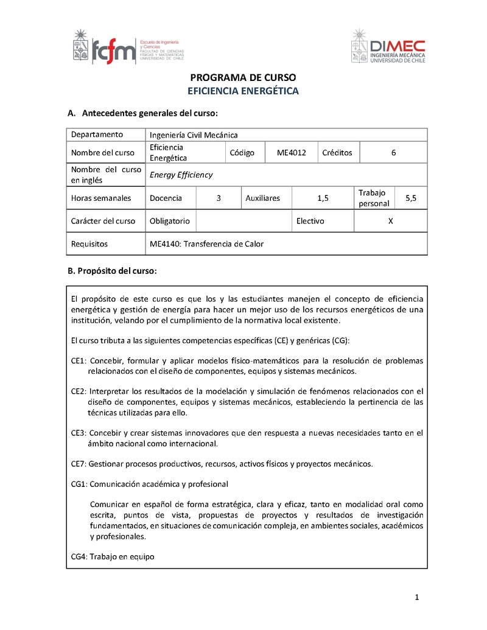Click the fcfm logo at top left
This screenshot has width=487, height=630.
tap(128, 47)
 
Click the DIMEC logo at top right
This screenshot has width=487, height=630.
tap(388, 47)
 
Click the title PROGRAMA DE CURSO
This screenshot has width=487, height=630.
tap(243, 78)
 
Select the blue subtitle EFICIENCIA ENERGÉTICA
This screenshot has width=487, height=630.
tap(243, 91)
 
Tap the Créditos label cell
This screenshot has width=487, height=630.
tap(337, 153)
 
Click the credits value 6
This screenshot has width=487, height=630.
tap(393, 153)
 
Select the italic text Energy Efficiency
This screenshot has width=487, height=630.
tap(181, 175)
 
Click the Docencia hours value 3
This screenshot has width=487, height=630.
tap(219, 198)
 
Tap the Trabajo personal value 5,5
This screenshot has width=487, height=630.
tap(411, 198)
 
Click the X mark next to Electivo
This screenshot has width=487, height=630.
tap(390, 221)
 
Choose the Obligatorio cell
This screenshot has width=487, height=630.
tap(170, 221)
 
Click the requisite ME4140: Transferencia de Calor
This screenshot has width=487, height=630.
tap(206, 243)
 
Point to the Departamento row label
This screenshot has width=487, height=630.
tap(97, 135)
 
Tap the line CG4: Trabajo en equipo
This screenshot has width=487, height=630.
tap(113, 556)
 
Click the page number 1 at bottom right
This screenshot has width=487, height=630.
tap(417, 598)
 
